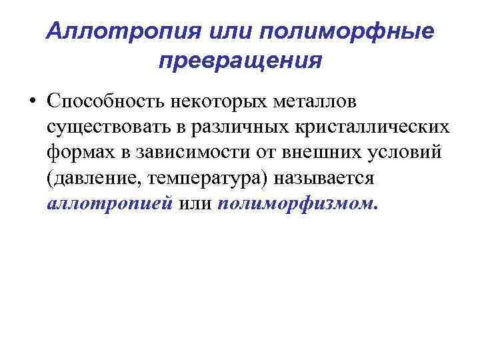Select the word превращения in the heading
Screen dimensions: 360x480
(x=240, y=61)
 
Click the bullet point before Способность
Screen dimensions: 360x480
(x=33, y=102)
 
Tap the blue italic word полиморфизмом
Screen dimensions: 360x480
(x=297, y=204)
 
